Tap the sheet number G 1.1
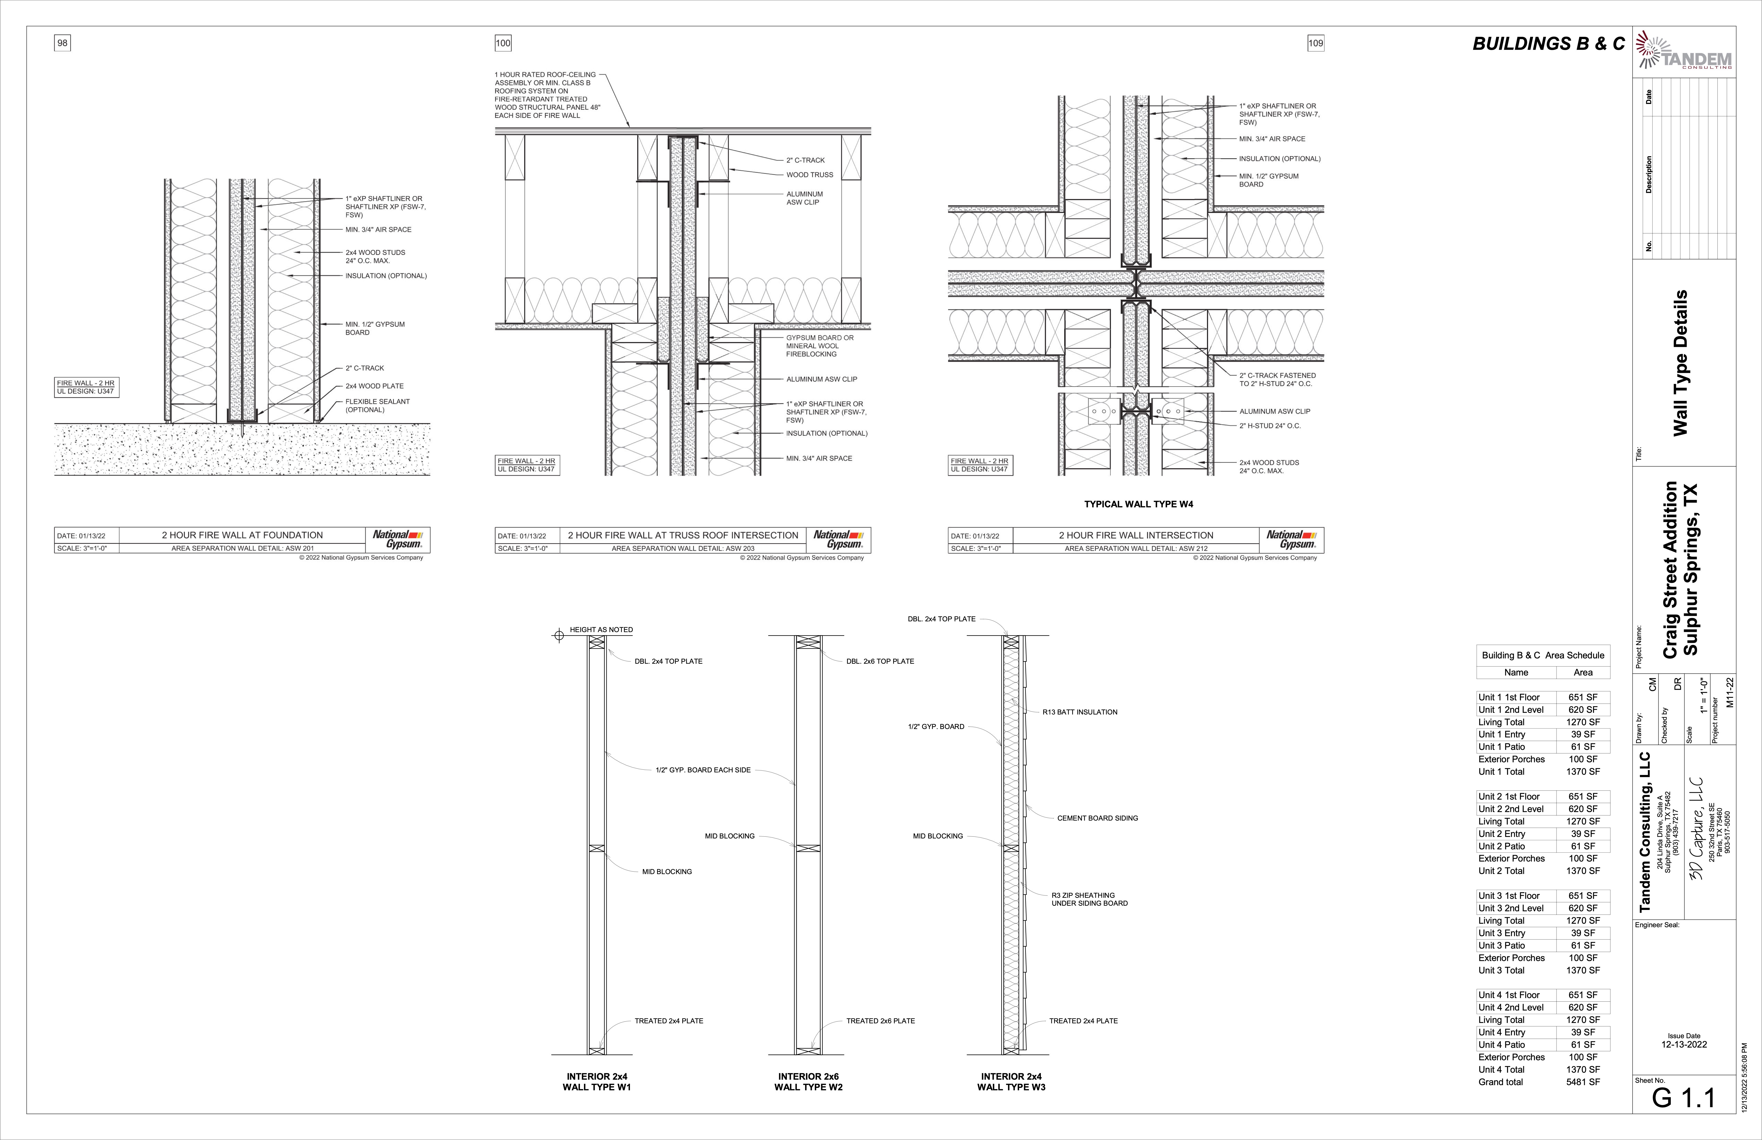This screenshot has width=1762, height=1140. [x=1683, y=1098]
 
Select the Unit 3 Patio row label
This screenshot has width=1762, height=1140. [x=1501, y=945]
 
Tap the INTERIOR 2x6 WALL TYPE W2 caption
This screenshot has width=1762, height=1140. [x=808, y=1081]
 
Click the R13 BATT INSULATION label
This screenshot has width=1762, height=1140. [x=1079, y=712]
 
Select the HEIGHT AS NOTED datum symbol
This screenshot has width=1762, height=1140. [x=559, y=635]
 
